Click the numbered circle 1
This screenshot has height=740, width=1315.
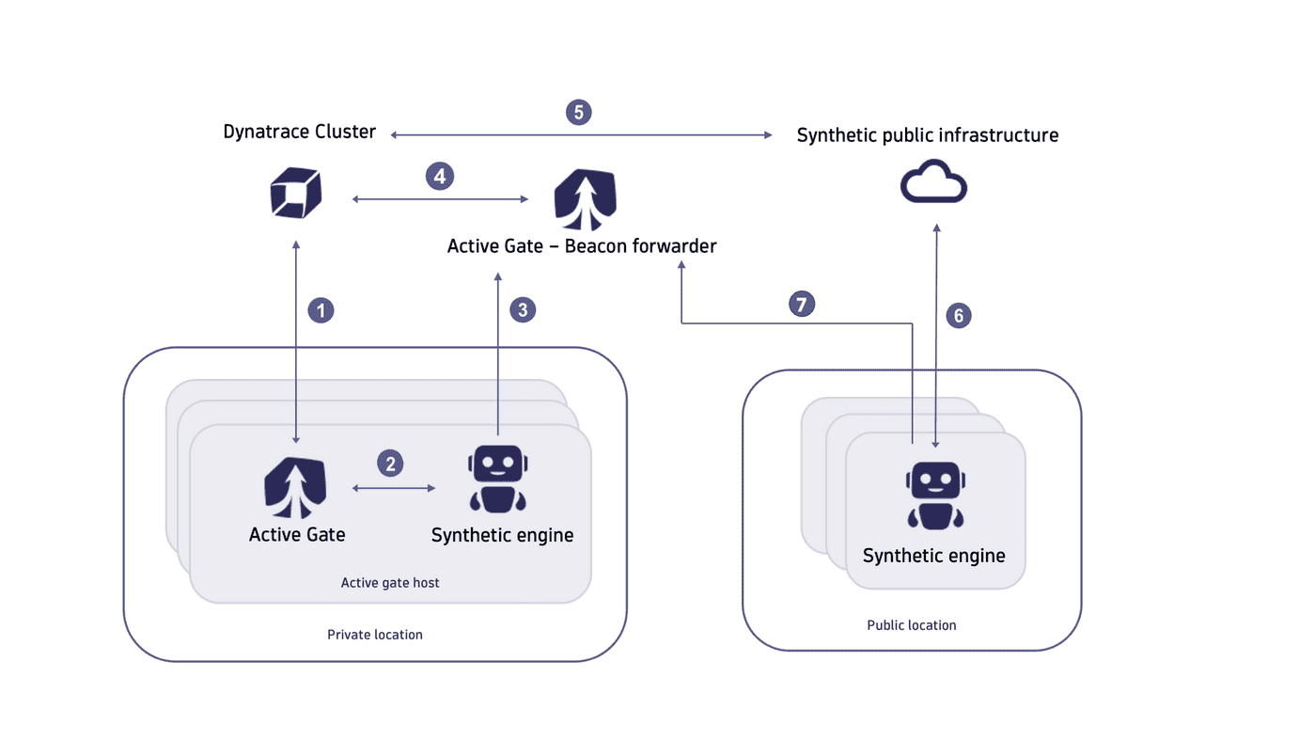(x=321, y=310)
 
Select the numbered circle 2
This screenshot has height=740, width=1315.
(x=390, y=463)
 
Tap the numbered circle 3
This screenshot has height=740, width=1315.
(x=523, y=310)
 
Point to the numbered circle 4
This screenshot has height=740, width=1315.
(x=439, y=176)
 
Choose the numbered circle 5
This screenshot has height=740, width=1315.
(x=579, y=113)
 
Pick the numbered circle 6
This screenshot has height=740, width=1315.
(x=959, y=316)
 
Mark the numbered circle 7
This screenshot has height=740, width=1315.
(x=802, y=304)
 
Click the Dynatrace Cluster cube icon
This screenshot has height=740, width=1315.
(x=296, y=194)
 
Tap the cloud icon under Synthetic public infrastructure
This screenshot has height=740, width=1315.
(x=933, y=182)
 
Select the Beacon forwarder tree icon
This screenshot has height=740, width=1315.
(x=585, y=199)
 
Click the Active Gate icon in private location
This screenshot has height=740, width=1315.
(x=295, y=488)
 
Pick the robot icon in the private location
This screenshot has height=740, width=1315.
(x=498, y=479)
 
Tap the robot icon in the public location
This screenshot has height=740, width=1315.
(x=935, y=495)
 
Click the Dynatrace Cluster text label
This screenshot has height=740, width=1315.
(x=299, y=132)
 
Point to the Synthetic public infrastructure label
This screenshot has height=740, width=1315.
(x=927, y=135)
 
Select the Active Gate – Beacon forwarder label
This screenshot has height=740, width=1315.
(x=582, y=246)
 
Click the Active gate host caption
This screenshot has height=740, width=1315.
(x=390, y=583)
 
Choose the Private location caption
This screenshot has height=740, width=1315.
(x=375, y=635)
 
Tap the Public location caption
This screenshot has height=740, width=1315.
(x=911, y=625)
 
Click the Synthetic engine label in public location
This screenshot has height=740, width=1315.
(x=933, y=556)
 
